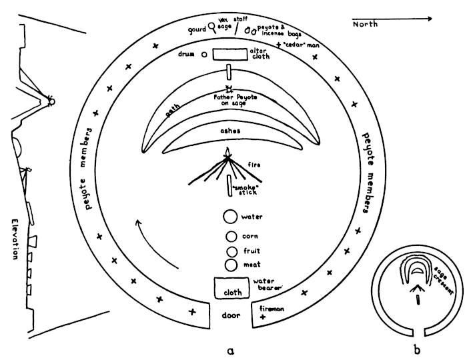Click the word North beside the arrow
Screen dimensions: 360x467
[365, 24]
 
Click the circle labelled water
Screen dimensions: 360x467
[229, 217]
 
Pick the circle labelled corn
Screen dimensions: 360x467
[231, 236]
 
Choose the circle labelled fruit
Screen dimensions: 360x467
[231, 251]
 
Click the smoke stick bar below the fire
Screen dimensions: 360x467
[228, 186]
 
